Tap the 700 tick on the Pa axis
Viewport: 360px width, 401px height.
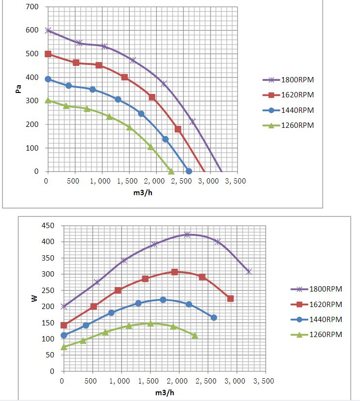coord(32,7)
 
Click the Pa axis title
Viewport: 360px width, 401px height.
coord(18,89)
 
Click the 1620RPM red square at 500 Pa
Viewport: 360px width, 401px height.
coord(48,54)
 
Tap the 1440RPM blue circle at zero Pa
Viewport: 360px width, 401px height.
coord(189,171)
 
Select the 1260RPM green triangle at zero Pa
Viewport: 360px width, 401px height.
coord(171,171)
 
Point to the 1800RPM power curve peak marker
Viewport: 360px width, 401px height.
coord(187,234)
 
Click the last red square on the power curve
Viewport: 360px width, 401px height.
coord(230,298)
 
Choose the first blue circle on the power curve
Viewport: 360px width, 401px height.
coord(63,335)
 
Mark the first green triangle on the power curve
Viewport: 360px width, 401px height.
coord(63,347)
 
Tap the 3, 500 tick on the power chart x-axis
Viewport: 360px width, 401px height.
coord(264,382)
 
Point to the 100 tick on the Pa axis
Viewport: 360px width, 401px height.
coord(32,148)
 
